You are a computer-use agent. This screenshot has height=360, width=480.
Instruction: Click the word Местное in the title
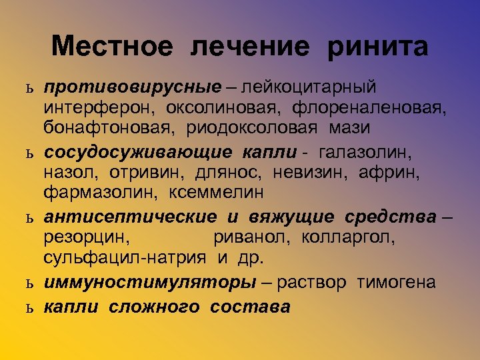click(111, 47)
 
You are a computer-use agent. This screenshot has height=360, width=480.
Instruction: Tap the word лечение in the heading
click(251, 47)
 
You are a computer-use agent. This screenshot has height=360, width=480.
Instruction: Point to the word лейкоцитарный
click(309, 87)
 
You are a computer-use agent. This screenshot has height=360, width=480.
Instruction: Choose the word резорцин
click(86, 237)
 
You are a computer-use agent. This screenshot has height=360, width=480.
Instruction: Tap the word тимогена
click(396, 282)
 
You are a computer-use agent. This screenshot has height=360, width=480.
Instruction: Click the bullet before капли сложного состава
click(29, 308)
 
